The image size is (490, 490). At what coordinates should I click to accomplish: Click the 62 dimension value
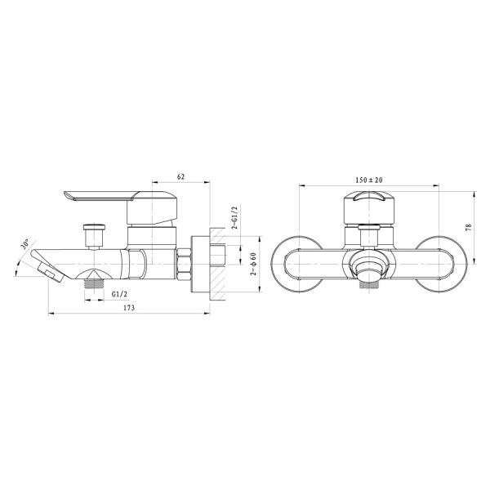(180, 176)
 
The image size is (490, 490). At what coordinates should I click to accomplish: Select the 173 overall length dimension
(129, 308)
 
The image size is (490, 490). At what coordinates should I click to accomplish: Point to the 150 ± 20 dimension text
(369, 180)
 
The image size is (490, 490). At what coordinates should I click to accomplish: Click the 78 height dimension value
(468, 227)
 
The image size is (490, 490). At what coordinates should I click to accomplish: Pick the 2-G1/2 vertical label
(234, 218)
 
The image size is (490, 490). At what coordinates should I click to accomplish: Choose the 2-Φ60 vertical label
(253, 264)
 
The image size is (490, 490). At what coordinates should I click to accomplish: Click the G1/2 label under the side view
(120, 294)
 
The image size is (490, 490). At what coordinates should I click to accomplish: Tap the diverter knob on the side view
(93, 236)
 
